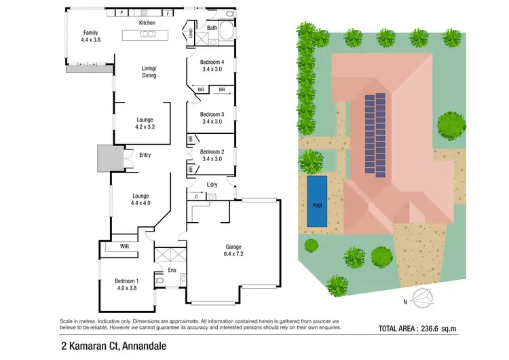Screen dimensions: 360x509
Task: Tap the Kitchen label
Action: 147,23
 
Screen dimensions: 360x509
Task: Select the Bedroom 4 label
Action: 212,65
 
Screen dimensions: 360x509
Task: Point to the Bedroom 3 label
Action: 212,118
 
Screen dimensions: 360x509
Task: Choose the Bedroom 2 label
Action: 212,156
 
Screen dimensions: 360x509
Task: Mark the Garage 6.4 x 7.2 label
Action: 233,250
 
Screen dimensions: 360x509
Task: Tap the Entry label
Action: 145,155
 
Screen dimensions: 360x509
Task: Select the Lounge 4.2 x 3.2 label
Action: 145,123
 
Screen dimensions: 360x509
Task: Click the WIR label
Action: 124,246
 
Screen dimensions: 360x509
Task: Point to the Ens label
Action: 172,270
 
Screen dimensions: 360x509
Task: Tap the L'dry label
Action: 212,185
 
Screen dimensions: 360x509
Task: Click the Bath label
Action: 212,28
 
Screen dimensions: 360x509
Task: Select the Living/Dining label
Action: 149,72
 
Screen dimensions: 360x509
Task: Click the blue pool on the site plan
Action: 316,202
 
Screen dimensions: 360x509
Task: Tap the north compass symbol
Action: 425,296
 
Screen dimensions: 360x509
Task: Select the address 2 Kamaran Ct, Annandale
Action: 113,346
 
